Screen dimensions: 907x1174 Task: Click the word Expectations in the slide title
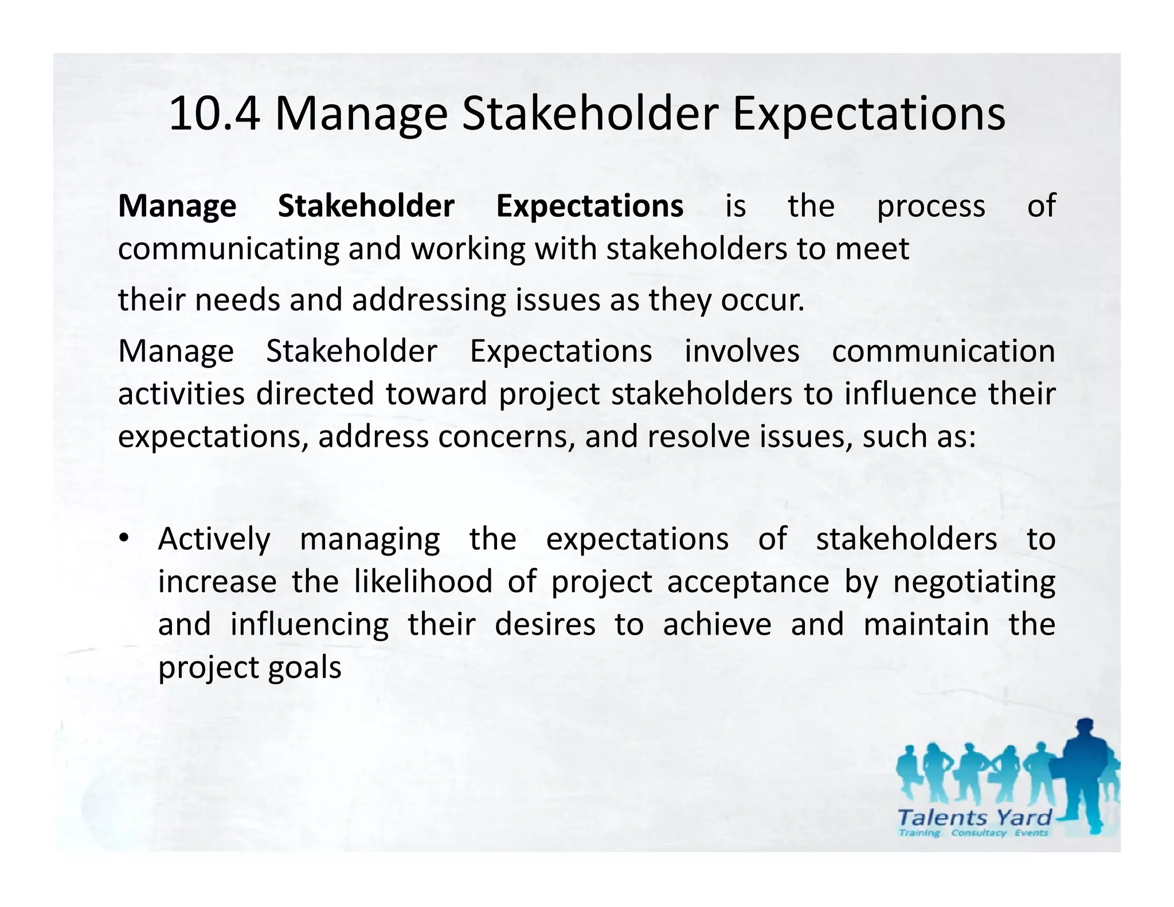(x=868, y=114)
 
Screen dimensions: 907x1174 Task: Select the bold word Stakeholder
(x=366, y=206)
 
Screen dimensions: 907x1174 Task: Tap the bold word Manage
(x=177, y=206)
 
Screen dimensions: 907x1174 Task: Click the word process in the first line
(x=931, y=206)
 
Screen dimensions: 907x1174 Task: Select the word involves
(x=742, y=351)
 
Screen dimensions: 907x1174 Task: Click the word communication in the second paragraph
(x=943, y=351)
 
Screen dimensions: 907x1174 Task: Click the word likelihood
(x=423, y=581)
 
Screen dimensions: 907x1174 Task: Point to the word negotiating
(x=974, y=581)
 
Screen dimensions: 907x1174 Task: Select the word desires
(x=545, y=624)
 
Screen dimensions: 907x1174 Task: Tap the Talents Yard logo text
(x=975, y=817)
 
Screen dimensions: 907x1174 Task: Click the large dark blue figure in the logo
(x=1083, y=774)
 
